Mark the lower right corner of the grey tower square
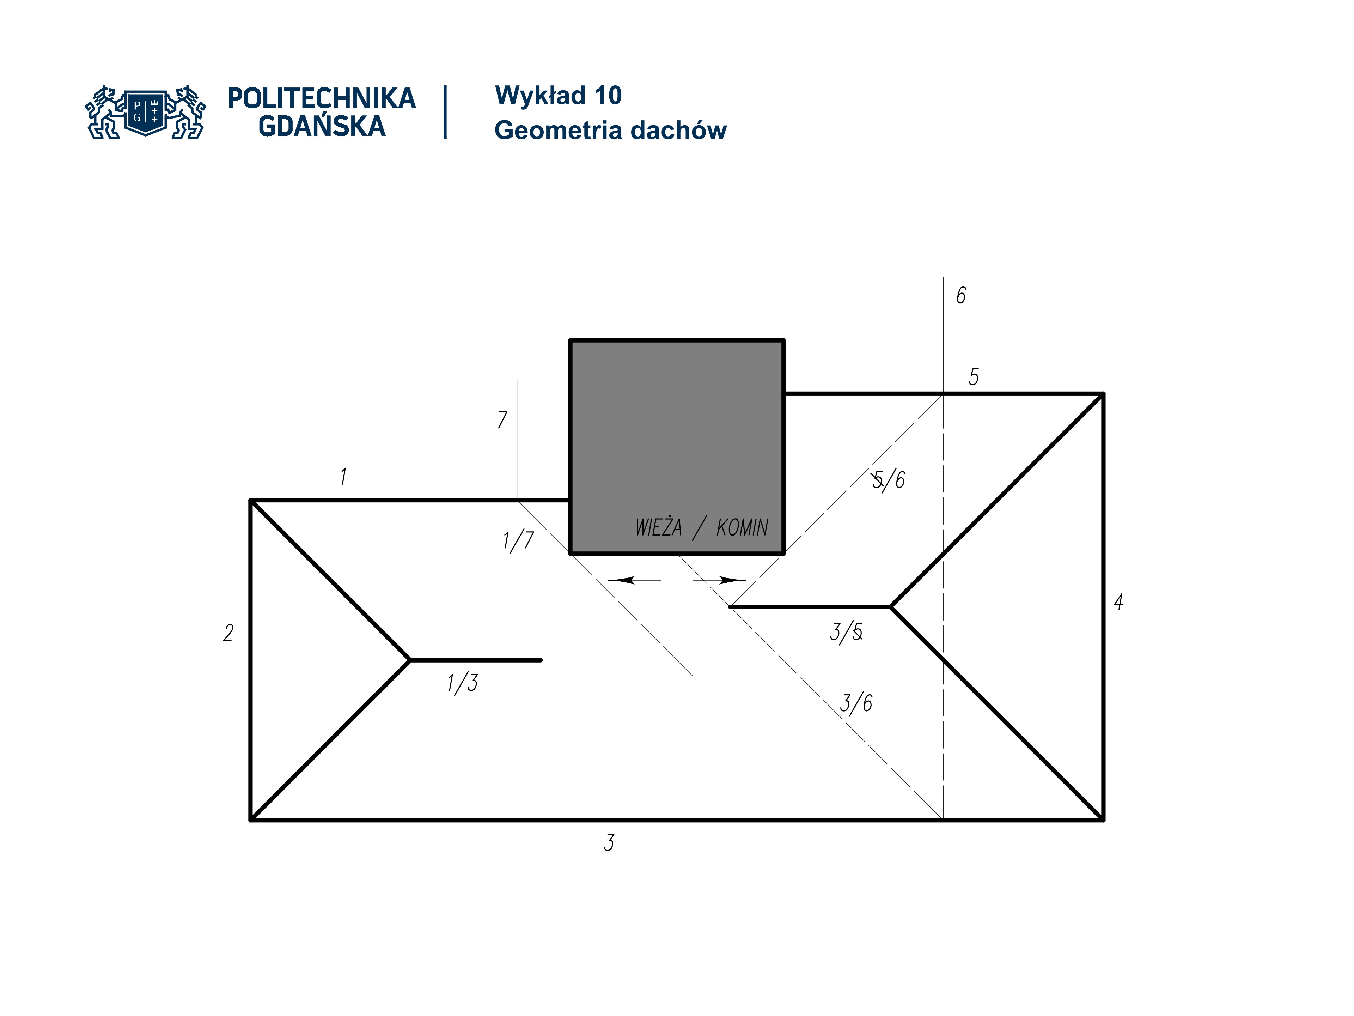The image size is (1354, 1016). coord(783,553)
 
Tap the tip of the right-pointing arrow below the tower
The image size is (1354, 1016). coord(747,580)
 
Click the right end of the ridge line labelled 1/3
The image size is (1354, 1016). coord(541,660)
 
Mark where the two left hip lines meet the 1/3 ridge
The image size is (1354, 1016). coord(410,660)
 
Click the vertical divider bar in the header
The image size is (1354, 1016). coord(445,112)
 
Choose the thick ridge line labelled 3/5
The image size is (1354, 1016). coord(810,607)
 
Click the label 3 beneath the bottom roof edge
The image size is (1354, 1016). coord(609,843)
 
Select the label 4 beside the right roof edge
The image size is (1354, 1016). coord(1118,602)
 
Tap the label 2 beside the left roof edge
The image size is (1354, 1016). coord(228,633)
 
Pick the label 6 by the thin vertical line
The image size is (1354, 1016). coord(961,295)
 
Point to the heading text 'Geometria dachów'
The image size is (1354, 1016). coord(610,131)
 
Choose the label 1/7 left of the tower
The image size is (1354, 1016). coord(518,541)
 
